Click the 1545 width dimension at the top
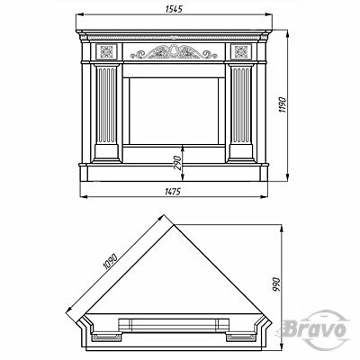(174, 9)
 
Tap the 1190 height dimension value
(283, 104)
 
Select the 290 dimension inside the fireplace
(178, 163)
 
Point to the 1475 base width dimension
(173, 192)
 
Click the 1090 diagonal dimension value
(110, 261)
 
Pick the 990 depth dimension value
(275, 285)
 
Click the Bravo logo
(315, 329)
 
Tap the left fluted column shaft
(105, 105)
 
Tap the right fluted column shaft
(242, 105)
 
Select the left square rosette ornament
(106, 51)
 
